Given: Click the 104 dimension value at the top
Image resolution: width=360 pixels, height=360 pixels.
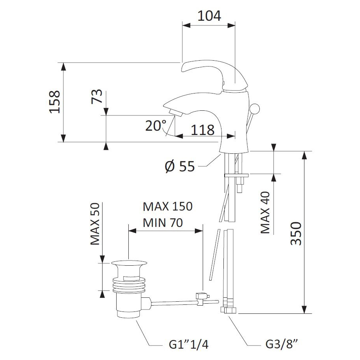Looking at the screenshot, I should point(209,16).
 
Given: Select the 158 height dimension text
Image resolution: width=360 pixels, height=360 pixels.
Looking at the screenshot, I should point(54,102).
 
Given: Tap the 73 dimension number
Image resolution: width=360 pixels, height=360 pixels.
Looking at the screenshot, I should point(98,96).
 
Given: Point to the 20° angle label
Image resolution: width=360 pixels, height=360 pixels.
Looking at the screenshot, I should point(155,126).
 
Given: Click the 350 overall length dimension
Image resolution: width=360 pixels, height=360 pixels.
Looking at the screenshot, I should point(296,233).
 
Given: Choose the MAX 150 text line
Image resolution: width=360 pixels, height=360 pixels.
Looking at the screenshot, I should point(167,206).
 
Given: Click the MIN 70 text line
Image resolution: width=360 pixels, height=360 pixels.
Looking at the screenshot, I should point(162,223).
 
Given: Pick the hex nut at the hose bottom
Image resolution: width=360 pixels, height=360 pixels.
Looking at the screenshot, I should point(229,310).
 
